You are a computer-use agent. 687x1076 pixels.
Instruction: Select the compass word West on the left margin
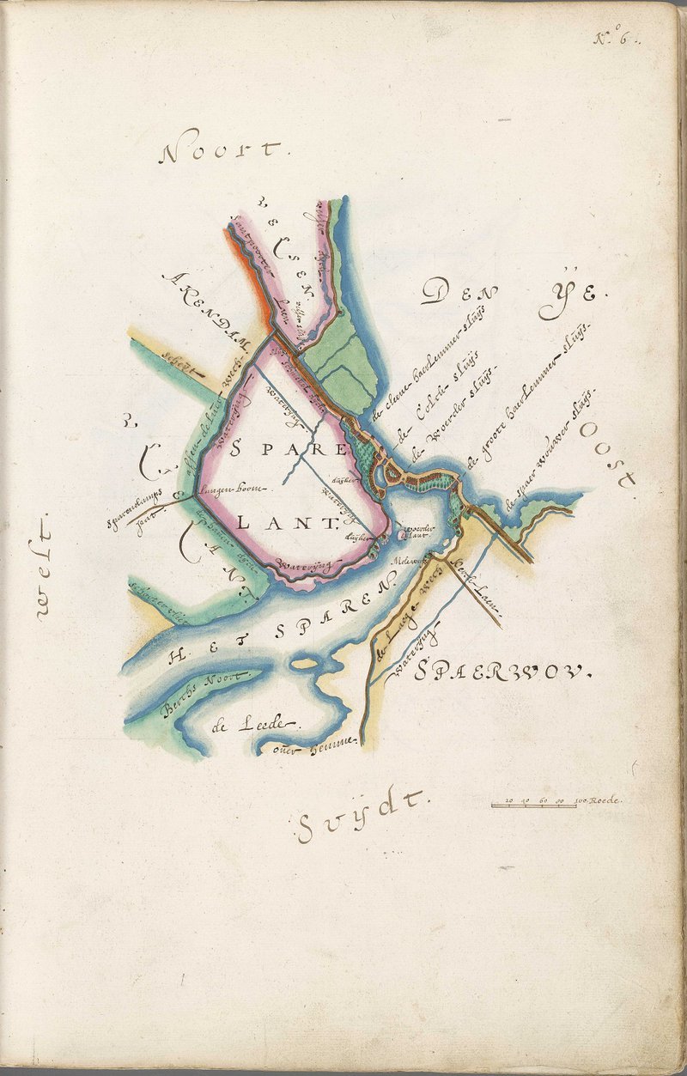[x=45, y=566]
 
